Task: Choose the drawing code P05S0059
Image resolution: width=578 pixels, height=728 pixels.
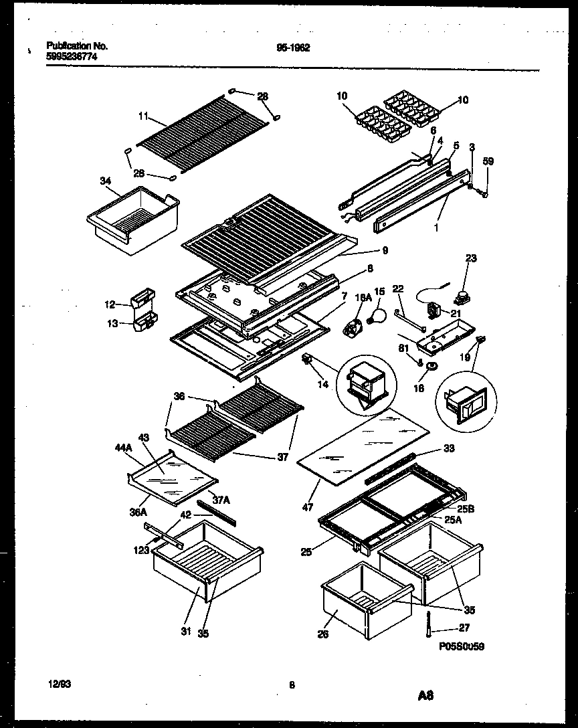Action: click(x=461, y=647)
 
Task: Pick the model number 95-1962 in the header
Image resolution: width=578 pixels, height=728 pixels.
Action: click(x=292, y=48)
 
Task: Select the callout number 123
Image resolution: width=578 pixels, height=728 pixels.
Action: click(x=141, y=551)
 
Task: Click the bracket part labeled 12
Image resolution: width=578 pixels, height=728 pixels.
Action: click(x=144, y=298)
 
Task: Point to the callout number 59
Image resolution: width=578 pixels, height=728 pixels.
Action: click(x=488, y=161)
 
